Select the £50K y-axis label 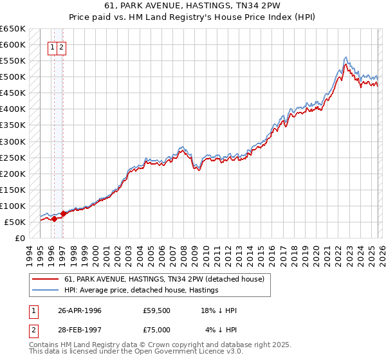[15, 222]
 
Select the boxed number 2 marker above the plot [61, 47]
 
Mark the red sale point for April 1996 [55, 219]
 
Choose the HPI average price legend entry [142, 291]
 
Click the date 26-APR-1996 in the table [80, 310]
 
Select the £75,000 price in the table [157, 330]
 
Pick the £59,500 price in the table [157, 310]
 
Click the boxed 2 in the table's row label [32, 330]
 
